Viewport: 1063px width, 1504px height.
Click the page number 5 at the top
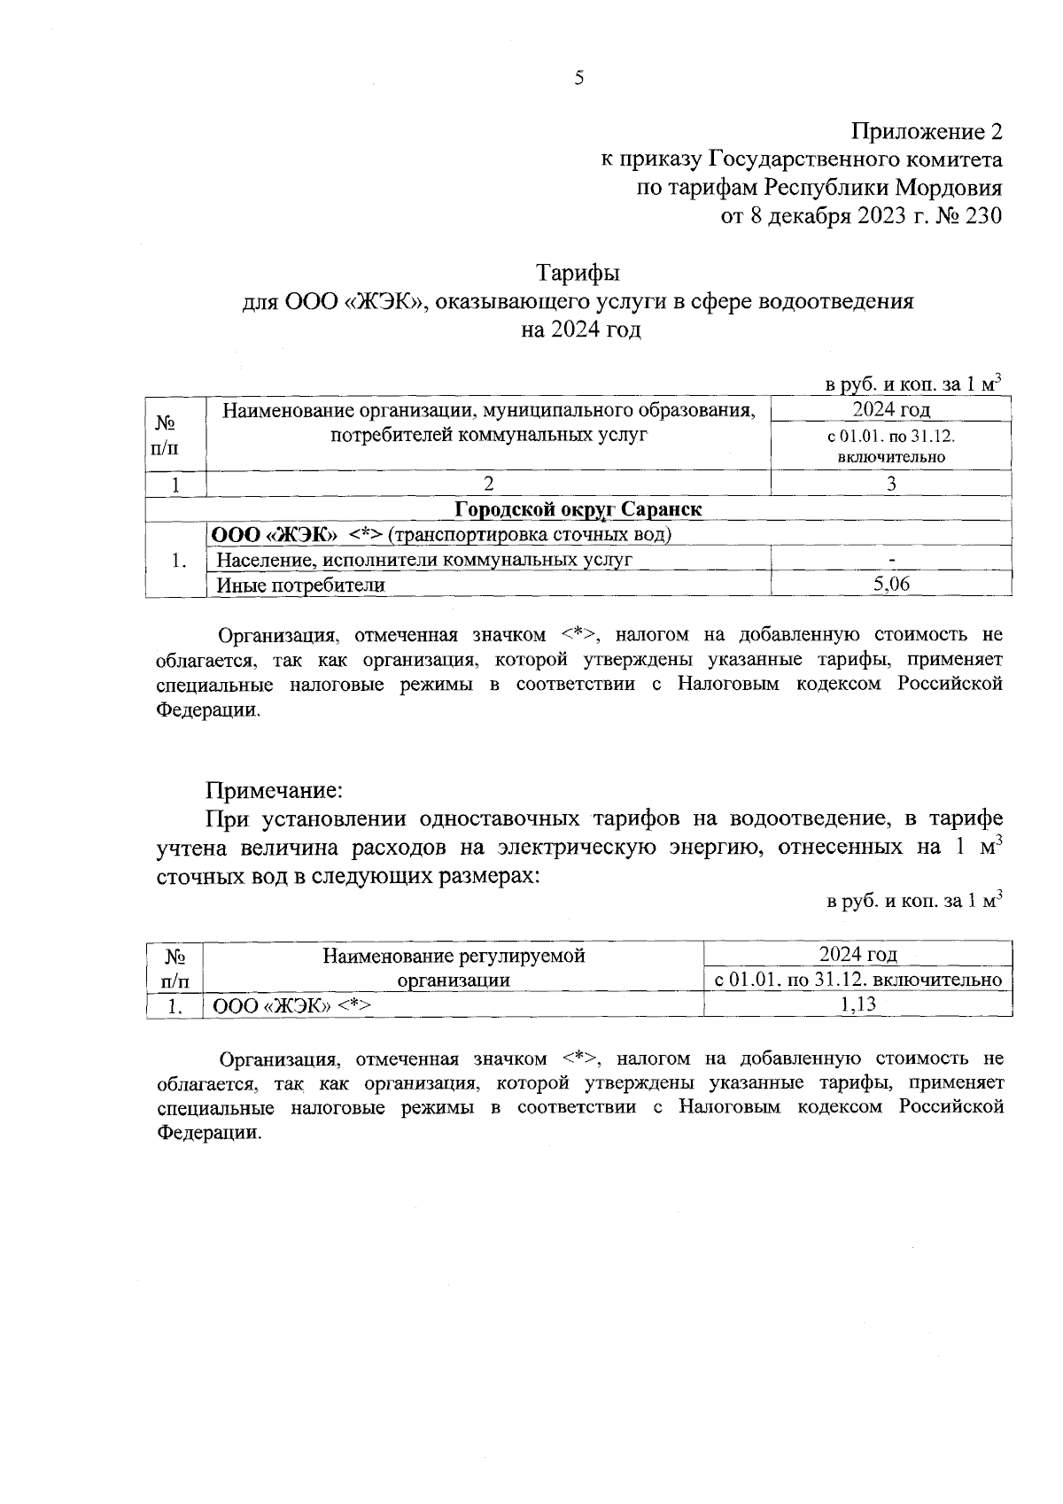pyautogui.click(x=579, y=78)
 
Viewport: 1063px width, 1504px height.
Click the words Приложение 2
pyautogui.click(x=927, y=132)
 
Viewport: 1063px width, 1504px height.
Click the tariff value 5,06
pyautogui.click(x=891, y=584)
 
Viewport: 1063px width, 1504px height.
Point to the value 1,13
pyautogui.click(x=857, y=1004)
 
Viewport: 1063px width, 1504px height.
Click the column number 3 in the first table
pyautogui.click(x=891, y=484)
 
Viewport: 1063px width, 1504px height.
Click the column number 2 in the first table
pyautogui.click(x=488, y=484)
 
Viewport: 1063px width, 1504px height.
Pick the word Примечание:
pyautogui.click(x=274, y=788)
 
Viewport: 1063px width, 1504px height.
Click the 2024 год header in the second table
pyautogui.click(x=857, y=954)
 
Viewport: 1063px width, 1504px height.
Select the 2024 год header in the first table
pyautogui.click(x=891, y=409)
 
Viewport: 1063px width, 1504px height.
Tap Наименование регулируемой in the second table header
pyautogui.click(x=454, y=956)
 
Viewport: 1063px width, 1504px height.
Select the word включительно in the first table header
pyautogui.click(x=891, y=458)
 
